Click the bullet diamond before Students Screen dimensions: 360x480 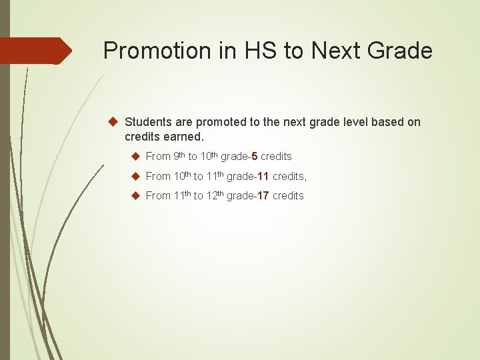113,122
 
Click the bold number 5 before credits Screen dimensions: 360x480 255,156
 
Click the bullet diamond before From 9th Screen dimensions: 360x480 135,156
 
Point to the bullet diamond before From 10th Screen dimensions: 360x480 135,176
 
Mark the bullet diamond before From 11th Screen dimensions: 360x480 135,195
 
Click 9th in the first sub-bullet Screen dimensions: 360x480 179,156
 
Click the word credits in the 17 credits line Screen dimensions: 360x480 288,195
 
